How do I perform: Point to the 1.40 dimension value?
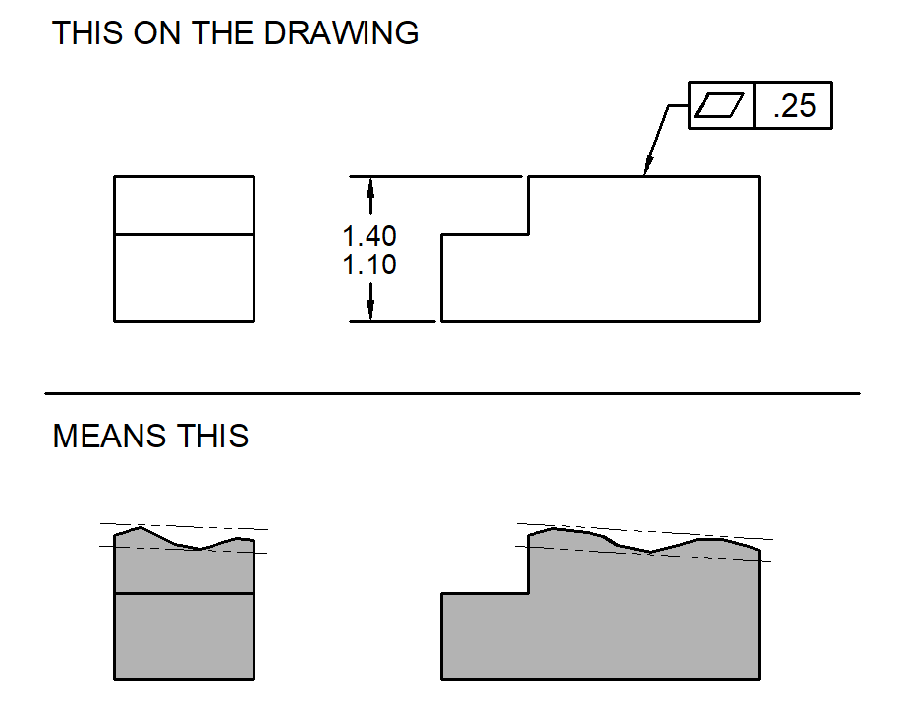pos(369,237)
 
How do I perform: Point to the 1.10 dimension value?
pos(369,265)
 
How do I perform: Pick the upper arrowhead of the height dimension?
pos(370,186)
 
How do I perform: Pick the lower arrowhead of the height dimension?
pos(370,311)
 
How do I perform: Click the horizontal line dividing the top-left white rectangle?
pos(185,234)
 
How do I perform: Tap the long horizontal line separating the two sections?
pos(452,393)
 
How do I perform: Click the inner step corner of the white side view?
pos(529,234)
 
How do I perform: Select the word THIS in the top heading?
pos(85,32)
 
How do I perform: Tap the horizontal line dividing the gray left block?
pos(185,593)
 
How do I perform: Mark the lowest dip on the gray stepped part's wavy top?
pos(650,553)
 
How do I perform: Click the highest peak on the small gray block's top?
pos(141,527)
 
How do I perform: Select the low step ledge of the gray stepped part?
pos(485,593)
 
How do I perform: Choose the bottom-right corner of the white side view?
pos(759,321)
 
